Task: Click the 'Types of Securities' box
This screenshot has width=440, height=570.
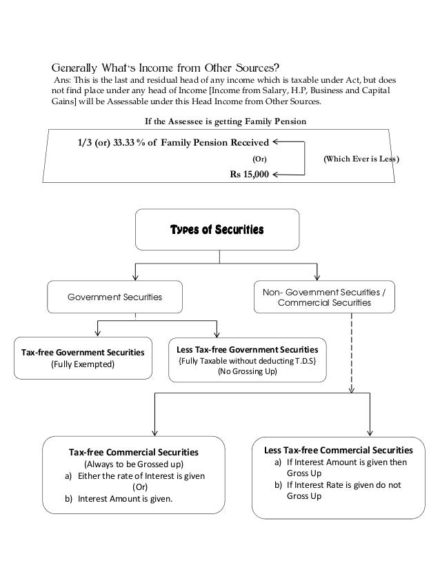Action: (x=218, y=230)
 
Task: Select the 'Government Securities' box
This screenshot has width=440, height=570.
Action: (x=114, y=298)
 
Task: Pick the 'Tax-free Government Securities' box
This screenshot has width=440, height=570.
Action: (x=83, y=357)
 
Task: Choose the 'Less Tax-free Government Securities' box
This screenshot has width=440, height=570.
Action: (x=248, y=359)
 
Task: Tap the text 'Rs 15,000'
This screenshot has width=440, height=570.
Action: (x=249, y=175)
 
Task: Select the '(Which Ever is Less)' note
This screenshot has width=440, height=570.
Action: (x=361, y=159)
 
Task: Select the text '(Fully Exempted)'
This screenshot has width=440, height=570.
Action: (x=83, y=364)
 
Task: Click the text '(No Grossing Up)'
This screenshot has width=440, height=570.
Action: (x=247, y=371)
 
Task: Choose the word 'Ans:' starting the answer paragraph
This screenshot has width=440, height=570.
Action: (x=63, y=80)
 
